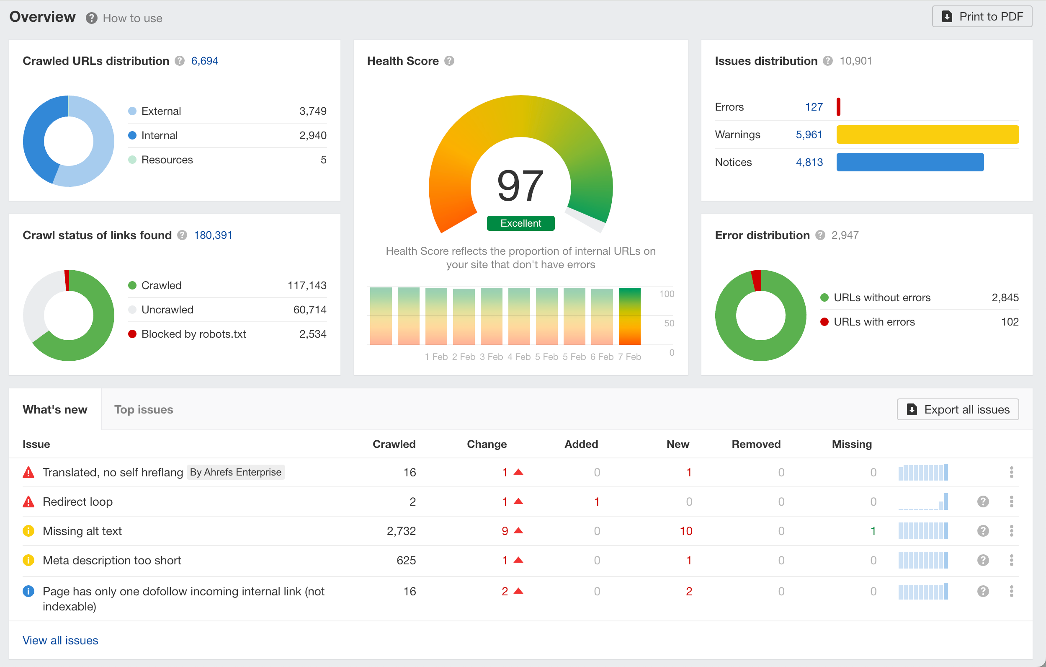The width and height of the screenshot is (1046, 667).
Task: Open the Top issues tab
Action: click(x=143, y=409)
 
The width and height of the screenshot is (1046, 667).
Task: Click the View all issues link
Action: click(x=60, y=640)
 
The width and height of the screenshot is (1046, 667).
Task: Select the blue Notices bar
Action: click(x=909, y=162)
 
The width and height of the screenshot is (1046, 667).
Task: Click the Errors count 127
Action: click(x=814, y=107)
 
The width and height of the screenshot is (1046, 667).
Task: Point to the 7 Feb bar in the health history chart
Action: click(x=629, y=316)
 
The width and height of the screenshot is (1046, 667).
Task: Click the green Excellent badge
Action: click(x=520, y=223)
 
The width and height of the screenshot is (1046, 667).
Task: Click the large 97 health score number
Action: click(x=520, y=186)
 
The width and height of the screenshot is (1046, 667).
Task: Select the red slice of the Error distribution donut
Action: click(x=756, y=280)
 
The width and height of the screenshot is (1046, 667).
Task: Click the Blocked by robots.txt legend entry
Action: click(x=193, y=334)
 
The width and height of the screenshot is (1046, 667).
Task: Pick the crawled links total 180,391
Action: click(x=213, y=235)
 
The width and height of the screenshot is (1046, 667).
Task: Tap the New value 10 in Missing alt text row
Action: click(x=686, y=530)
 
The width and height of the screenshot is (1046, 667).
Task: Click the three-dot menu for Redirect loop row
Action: click(x=1011, y=502)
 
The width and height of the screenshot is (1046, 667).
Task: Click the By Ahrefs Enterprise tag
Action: click(x=235, y=472)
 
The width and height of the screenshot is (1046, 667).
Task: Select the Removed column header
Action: click(x=756, y=444)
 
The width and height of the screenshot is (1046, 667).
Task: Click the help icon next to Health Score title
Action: click(x=450, y=61)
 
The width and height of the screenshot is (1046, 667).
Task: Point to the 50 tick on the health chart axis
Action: click(x=669, y=323)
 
